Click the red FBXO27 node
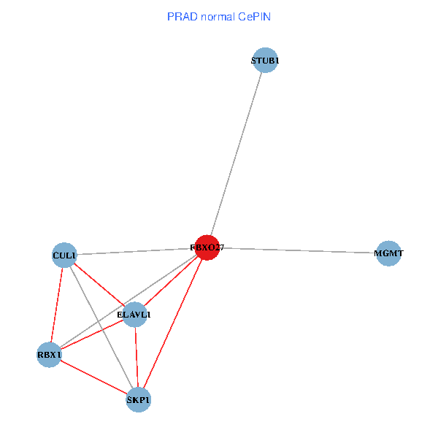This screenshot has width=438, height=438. point(207,247)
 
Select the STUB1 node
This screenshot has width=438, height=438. point(265,61)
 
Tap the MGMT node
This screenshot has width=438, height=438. point(388,253)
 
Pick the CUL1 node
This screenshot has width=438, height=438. point(65,255)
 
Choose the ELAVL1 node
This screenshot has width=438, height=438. point(134,315)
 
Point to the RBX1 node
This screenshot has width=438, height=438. point(50,355)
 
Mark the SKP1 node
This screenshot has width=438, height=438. point(138,400)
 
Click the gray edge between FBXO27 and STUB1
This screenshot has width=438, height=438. point(236,155)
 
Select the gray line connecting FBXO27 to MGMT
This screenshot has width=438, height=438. point(298,250)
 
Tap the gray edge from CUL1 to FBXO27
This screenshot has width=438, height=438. point(137,252)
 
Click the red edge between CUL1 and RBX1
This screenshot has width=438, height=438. point(57,305)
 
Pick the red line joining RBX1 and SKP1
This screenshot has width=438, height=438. point(93,377)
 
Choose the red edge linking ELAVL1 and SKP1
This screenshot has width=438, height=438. point(136,358)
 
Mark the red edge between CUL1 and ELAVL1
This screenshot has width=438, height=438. point(100,285)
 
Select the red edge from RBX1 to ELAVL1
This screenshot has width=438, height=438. point(92,335)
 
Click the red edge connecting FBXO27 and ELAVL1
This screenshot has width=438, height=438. point(171,281)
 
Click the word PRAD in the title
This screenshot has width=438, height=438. point(181,16)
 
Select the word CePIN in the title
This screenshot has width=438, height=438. point(255,16)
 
